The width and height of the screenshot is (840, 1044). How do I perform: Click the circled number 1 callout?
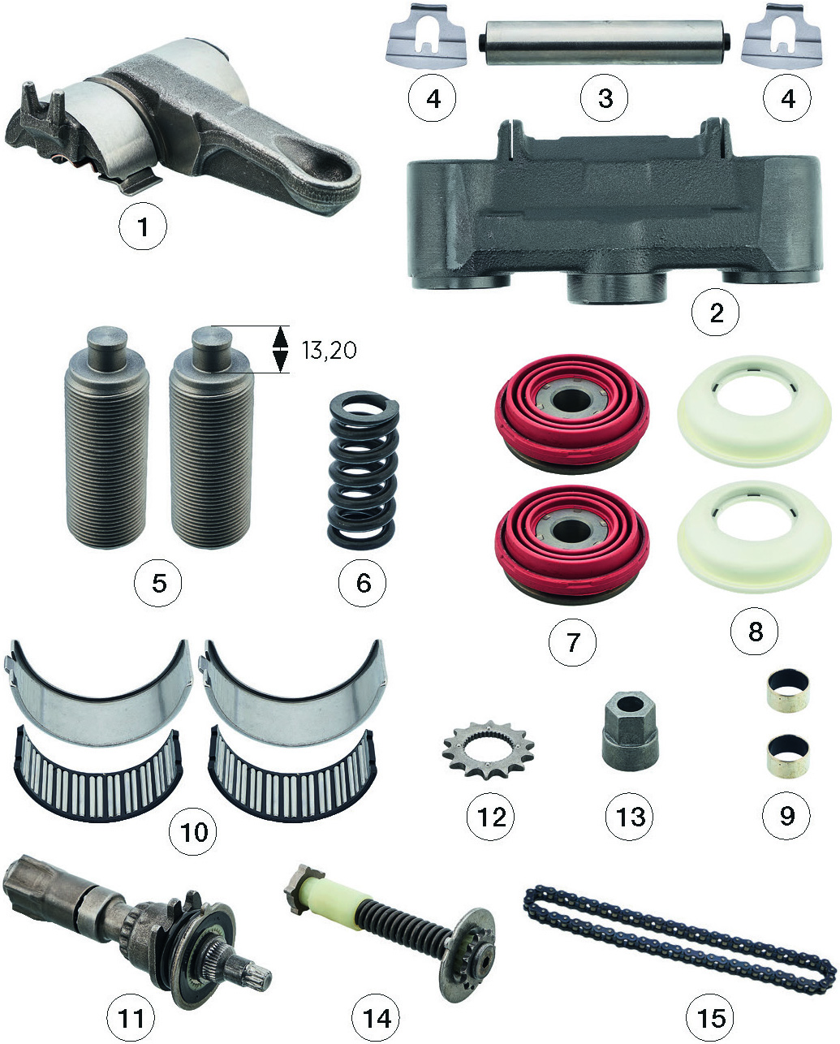pyautogui.click(x=143, y=226)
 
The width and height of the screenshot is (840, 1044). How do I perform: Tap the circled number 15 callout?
pyautogui.click(x=709, y=1018)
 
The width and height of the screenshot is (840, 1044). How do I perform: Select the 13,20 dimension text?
pyautogui.click(x=330, y=350)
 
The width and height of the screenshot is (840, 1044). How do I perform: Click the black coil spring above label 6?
pyautogui.click(x=364, y=469)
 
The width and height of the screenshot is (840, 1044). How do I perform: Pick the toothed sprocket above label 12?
pyautogui.click(x=488, y=749)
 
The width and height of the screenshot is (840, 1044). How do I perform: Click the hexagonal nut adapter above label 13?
pyautogui.click(x=630, y=731)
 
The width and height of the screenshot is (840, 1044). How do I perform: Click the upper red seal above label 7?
pyautogui.click(x=572, y=414)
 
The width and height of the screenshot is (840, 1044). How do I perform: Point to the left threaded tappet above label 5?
pyautogui.click(x=106, y=437)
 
